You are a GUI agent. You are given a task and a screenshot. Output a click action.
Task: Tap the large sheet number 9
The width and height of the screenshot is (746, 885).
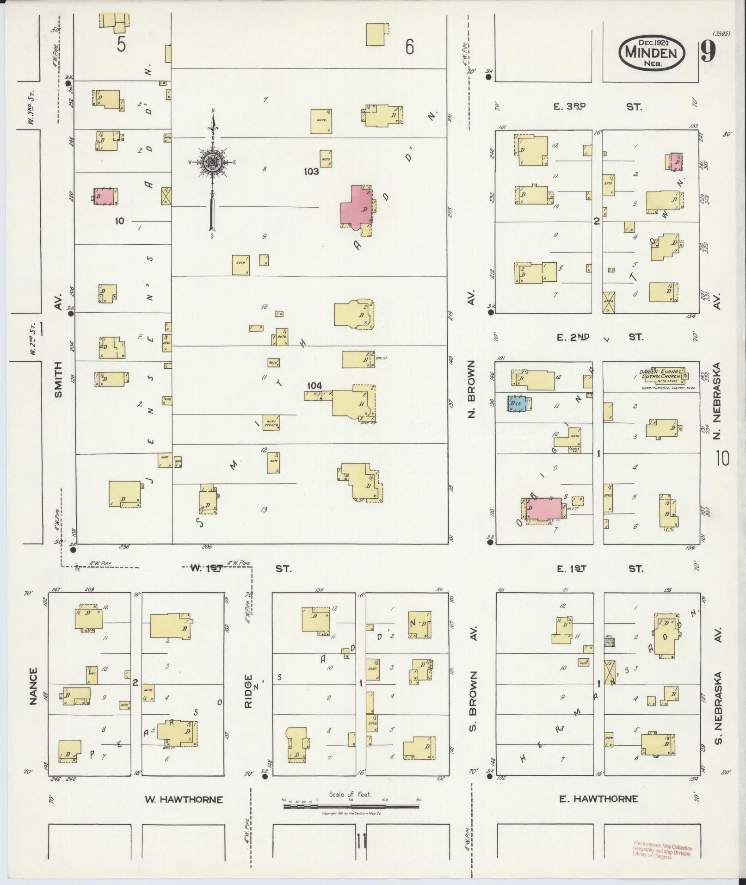point(708,51)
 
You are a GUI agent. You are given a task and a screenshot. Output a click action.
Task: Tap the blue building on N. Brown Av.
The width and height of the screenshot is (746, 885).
point(517,403)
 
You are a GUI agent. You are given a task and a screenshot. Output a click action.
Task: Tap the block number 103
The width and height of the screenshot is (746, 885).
point(311,172)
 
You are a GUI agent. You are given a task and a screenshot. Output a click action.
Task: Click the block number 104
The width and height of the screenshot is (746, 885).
point(314,385)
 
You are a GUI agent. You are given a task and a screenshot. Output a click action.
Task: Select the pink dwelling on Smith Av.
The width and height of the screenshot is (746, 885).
point(105,196)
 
